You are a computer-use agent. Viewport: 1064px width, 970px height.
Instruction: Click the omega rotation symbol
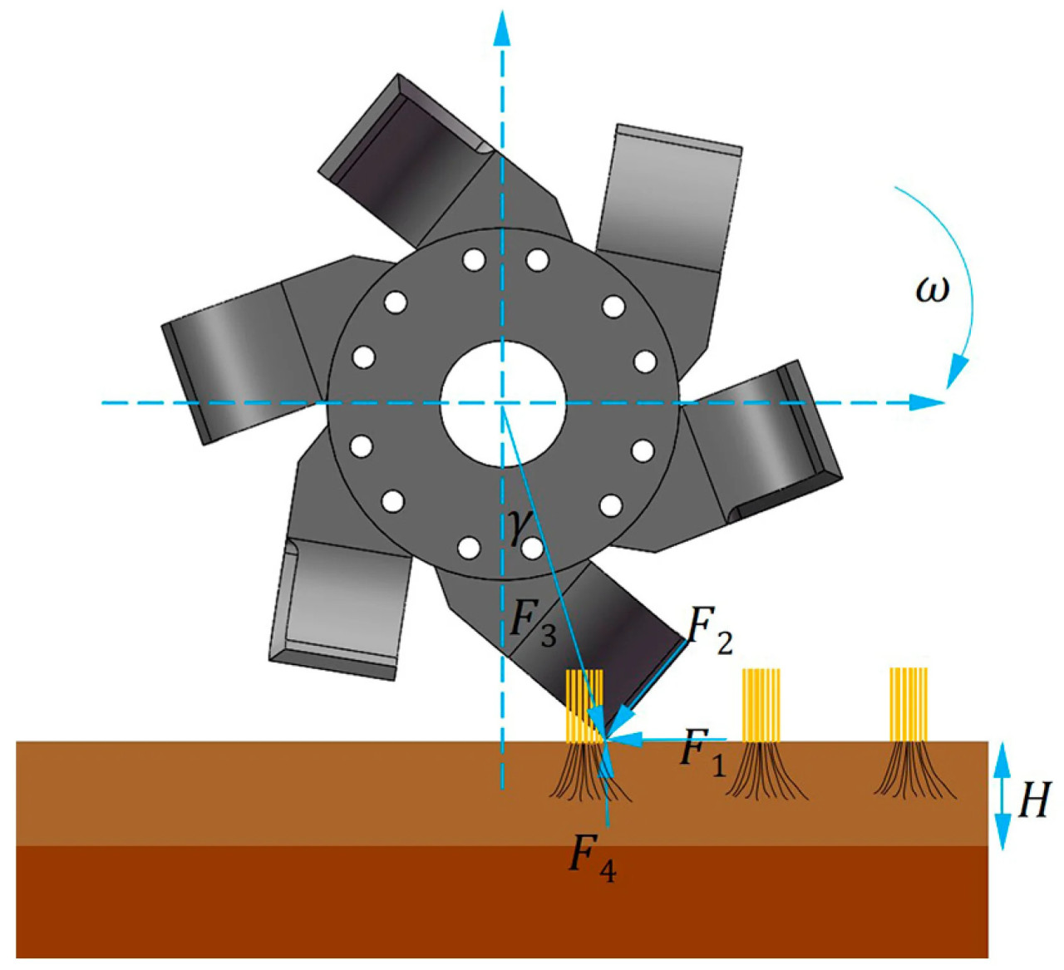click(x=931, y=292)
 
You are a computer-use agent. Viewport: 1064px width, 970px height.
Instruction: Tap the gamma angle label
click(x=516, y=527)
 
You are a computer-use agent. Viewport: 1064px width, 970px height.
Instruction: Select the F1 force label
click(x=702, y=750)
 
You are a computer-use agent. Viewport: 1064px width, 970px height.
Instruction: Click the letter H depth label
click(x=1032, y=800)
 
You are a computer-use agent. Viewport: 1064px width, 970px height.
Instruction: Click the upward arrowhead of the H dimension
click(x=1002, y=756)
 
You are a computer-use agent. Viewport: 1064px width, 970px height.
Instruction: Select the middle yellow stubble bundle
click(x=761, y=705)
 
